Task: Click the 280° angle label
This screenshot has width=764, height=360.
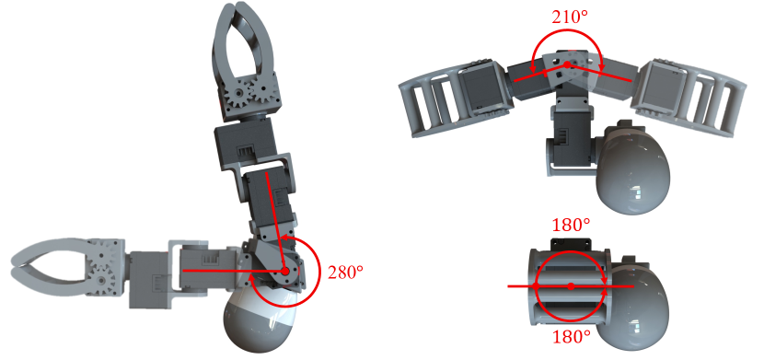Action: click(345, 273)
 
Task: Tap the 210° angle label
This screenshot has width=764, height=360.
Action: click(569, 17)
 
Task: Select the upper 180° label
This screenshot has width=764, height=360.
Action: click(571, 225)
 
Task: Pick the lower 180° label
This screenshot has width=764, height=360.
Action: click(571, 337)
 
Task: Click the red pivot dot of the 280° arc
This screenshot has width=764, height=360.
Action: click(285, 271)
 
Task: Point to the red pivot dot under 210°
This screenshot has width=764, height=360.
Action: click(567, 64)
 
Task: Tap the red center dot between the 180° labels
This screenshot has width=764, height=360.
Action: click(571, 286)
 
